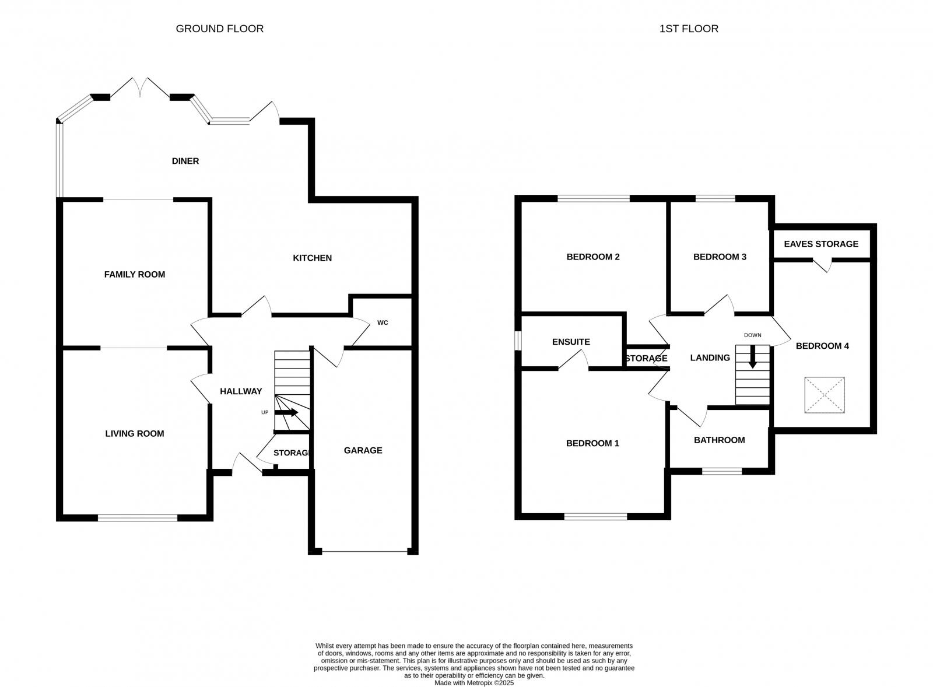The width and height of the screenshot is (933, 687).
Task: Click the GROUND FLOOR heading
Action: click(219, 29)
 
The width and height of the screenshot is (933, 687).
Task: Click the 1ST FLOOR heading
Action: click(689, 29)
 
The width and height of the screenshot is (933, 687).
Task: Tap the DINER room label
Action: click(185, 161)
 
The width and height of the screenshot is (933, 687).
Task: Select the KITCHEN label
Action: click(312, 258)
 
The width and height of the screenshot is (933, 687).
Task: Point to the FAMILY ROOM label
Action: click(135, 274)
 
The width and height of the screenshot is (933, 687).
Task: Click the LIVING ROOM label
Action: click(135, 433)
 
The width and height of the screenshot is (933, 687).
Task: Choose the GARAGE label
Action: click(363, 450)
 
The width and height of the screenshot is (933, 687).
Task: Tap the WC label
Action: click(383, 323)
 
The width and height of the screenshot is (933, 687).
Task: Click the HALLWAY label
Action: click(241, 391)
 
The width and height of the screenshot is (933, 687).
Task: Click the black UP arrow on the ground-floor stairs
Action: click(286, 412)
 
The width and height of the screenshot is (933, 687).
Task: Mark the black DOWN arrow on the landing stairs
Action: click(752, 356)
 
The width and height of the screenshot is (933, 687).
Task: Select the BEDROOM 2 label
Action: click(593, 257)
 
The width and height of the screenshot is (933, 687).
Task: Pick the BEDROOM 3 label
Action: click(720, 257)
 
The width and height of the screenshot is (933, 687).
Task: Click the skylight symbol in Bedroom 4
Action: click(825, 395)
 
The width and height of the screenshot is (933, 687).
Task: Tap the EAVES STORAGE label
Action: click(821, 244)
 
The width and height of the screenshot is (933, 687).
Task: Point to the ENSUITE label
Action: click(571, 342)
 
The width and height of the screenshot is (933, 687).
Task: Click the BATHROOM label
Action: click(719, 440)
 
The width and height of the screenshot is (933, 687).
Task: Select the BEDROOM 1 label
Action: click(592, 443)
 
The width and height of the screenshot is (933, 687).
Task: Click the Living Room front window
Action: click(138, 517)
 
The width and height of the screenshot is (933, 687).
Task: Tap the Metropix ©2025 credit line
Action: click(474, 683)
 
